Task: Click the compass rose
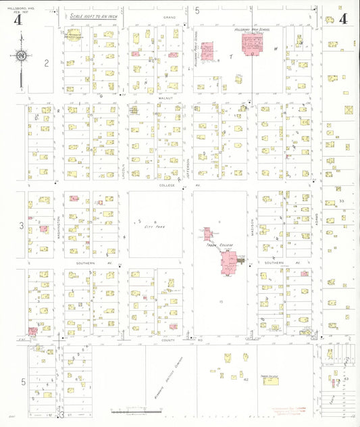[22, 56]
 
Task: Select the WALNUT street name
[167, 99]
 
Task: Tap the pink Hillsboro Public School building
[207, 51]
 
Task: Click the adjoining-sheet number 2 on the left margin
[47, 64]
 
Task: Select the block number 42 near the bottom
[247, 380]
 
